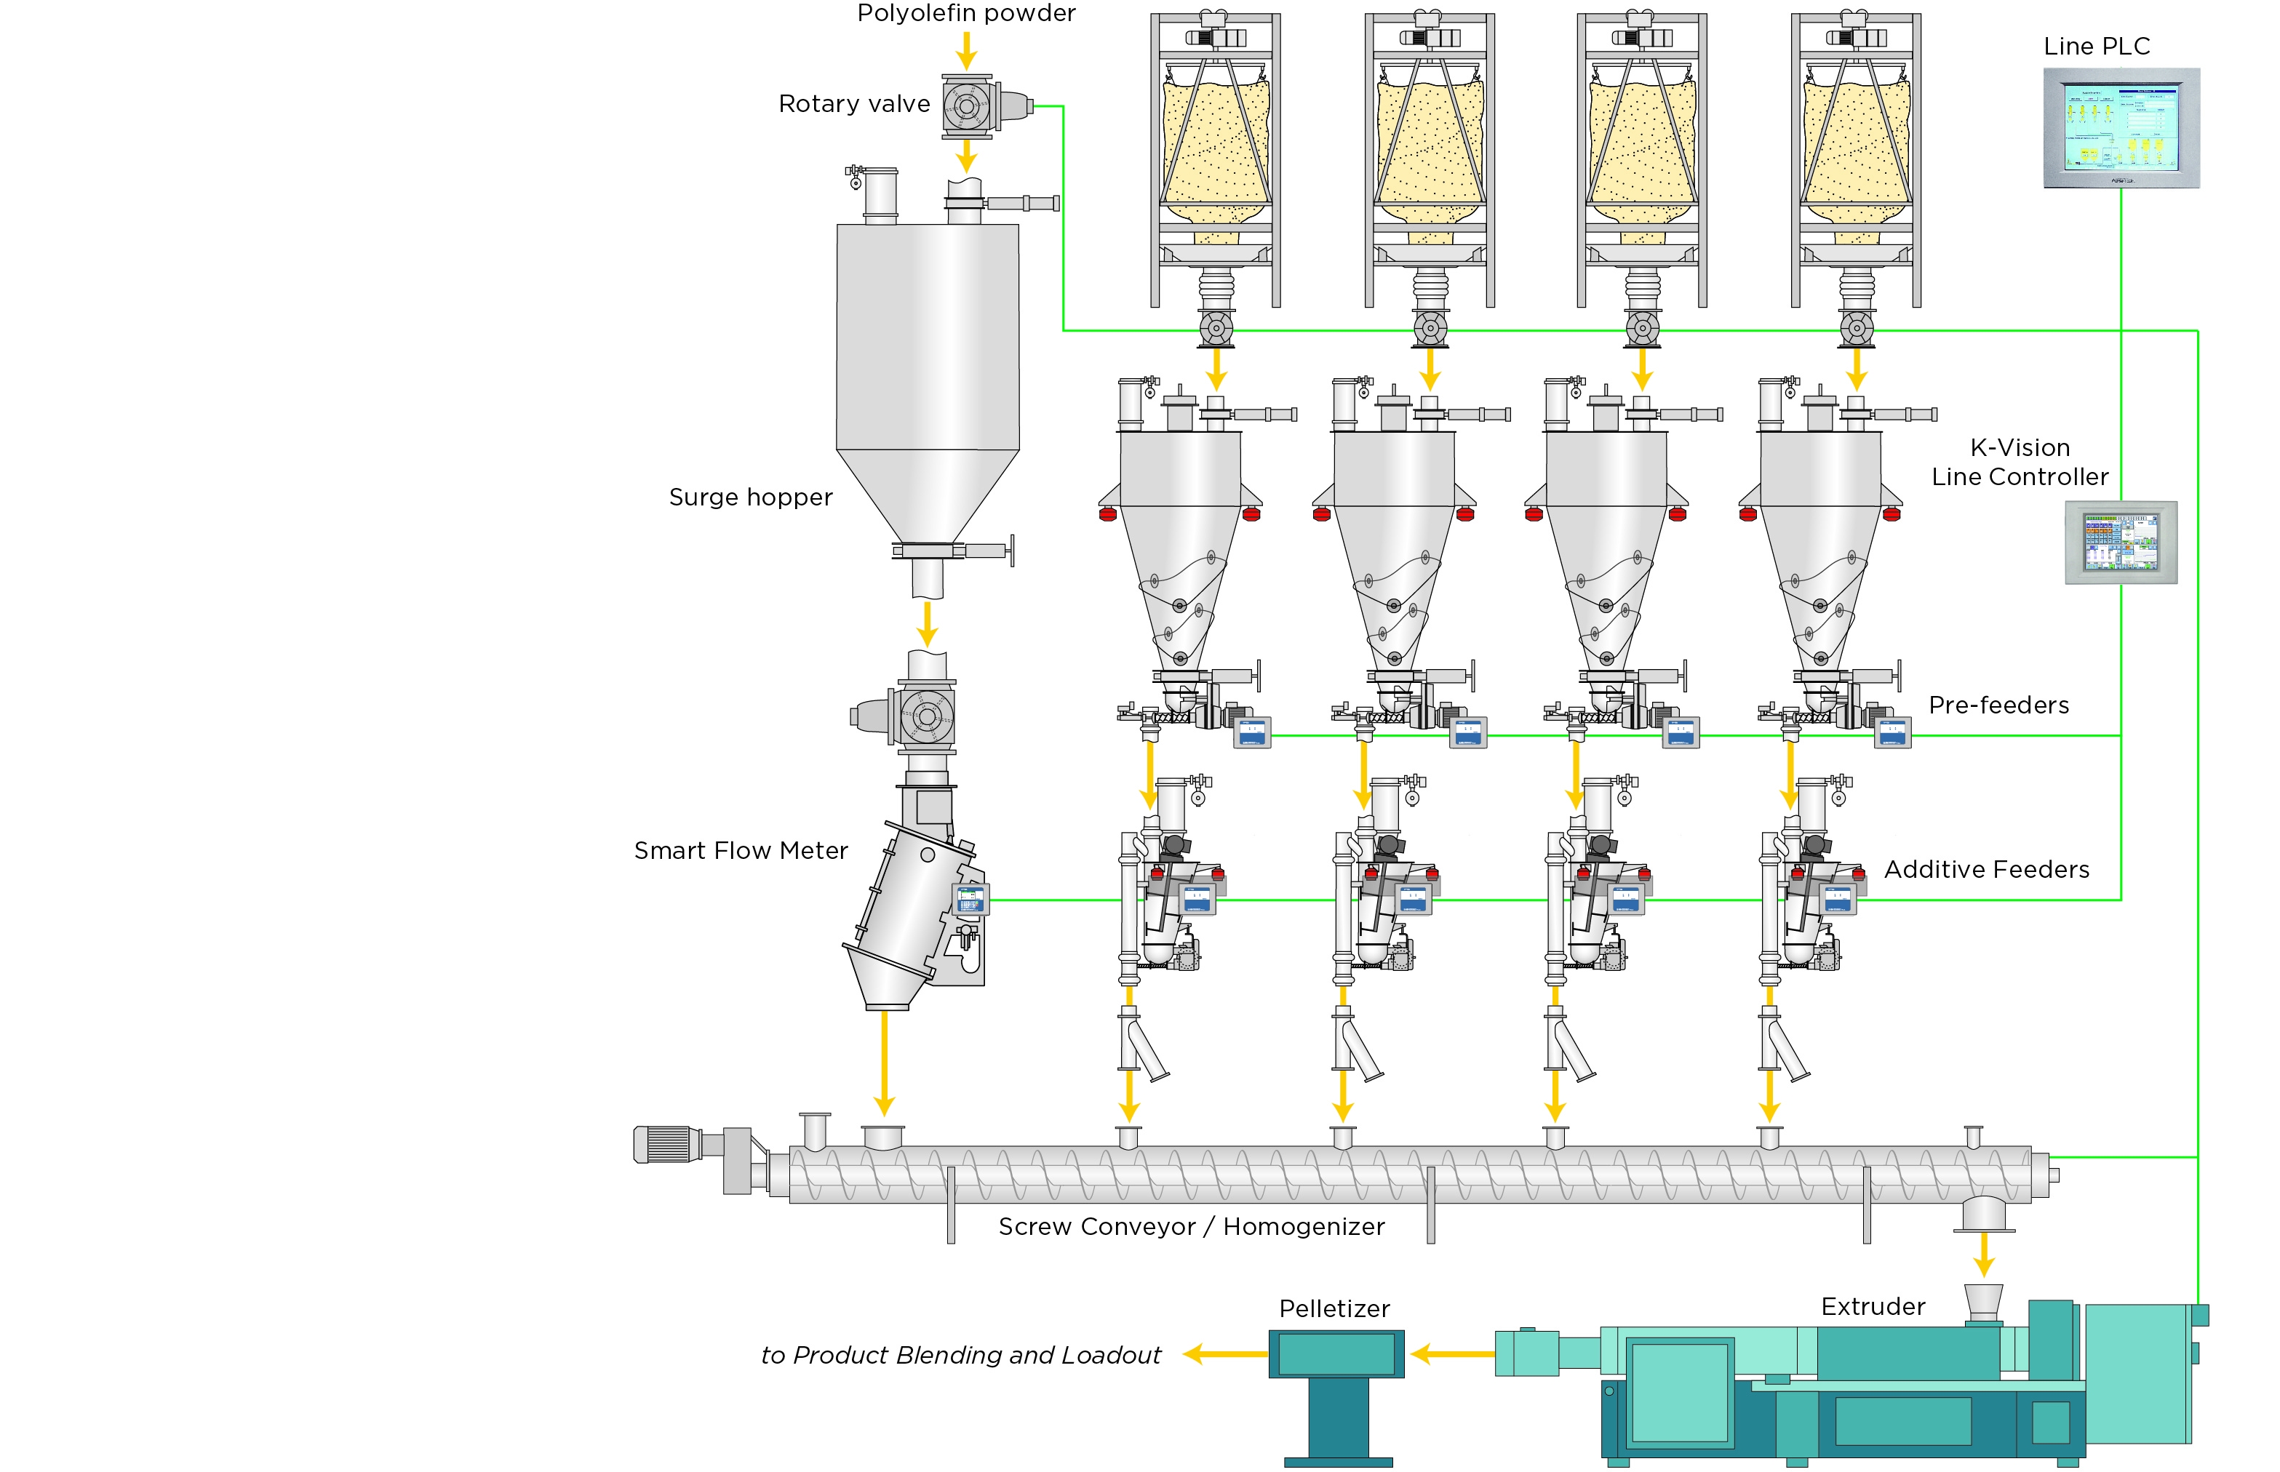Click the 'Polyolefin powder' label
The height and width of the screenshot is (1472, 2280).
(965, 13)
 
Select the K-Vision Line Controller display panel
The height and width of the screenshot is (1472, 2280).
(2121, 542)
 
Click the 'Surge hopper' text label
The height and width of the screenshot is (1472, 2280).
(751, 497)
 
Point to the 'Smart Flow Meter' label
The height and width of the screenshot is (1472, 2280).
(741, 851)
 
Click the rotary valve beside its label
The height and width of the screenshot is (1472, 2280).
(968, 105)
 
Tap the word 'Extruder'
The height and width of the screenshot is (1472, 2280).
(1872, 1307)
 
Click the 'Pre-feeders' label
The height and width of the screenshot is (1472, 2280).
(1998, 705)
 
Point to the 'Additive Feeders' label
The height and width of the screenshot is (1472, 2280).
(1987, 870)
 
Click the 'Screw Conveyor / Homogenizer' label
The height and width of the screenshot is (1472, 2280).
(1191, 1226)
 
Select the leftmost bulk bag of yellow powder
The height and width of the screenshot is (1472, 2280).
(1215, 148)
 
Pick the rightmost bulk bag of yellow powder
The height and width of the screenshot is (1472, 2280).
(1856, 148)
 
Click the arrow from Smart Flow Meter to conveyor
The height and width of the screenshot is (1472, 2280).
(884, 1061)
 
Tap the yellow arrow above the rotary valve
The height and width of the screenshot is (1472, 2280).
(967, 49)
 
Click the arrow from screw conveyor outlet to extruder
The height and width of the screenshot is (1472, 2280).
(1984, 1253)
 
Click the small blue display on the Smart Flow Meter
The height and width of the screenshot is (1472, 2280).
(970, 898)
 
